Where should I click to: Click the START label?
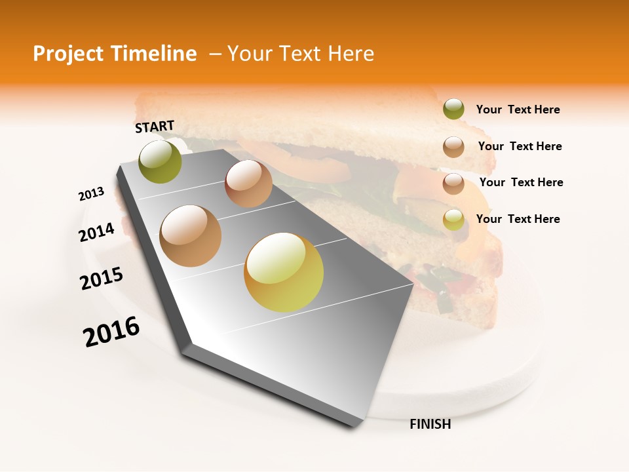(155, 126)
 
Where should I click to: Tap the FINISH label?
(430, 424)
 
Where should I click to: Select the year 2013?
(91, 194)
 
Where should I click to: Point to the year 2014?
(96, 232)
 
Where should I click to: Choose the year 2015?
(102, 279)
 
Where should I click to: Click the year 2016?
(111, 332)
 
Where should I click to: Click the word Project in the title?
(69, 54)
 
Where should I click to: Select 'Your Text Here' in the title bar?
(301, 54)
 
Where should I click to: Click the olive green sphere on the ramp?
(161, 162)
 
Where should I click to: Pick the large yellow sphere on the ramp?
(284, 272)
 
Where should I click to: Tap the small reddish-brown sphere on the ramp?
(248, 184)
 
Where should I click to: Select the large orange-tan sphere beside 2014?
(191, 236)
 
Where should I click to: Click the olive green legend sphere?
(453, 109)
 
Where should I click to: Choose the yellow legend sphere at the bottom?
(453, 220)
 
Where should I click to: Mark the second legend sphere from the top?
(453, 146)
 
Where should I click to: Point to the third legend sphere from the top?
(453, 183)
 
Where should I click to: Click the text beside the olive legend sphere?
(518, 110)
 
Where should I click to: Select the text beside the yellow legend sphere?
(518, 219)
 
